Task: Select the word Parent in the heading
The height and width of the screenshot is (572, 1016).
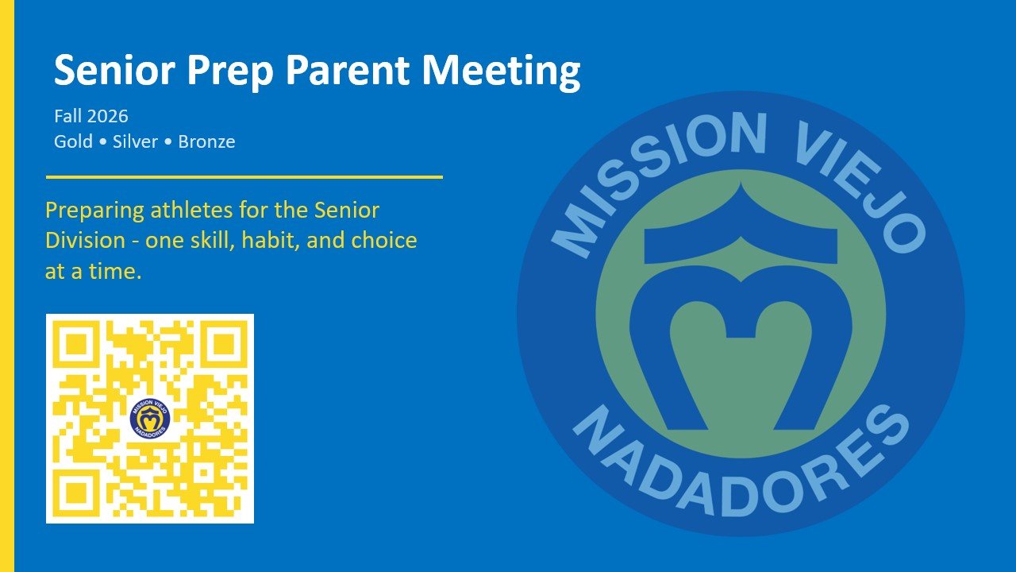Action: tap(348, 70)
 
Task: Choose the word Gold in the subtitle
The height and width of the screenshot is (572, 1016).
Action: tap(73, 141)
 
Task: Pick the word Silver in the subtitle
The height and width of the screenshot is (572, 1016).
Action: tap(135, 141)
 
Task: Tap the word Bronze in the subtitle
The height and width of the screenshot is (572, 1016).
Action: tap(206, 141)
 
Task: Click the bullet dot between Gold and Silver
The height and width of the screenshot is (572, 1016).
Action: tap(102, 142)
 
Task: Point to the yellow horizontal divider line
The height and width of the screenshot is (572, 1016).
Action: tap(244, 177)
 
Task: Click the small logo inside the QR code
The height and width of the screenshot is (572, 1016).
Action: tap(150, 419)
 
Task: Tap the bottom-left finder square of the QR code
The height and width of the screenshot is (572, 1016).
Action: tap(76, 493)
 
